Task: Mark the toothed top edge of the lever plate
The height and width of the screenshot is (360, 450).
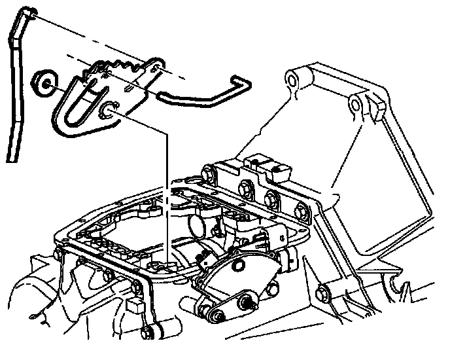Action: (x=121, y=65)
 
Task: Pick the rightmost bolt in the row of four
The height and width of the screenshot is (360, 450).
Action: (x=302, y=211)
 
